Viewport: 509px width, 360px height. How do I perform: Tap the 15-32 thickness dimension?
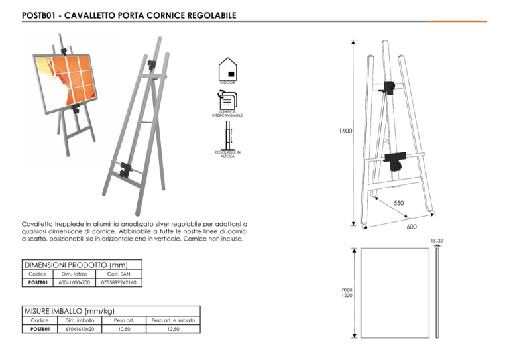tap(436, 241)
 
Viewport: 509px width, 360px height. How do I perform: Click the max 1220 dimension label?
tap(347, 292)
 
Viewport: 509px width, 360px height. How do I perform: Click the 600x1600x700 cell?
tap(72, 283)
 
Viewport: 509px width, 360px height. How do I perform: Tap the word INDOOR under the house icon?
tap(227, 82)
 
